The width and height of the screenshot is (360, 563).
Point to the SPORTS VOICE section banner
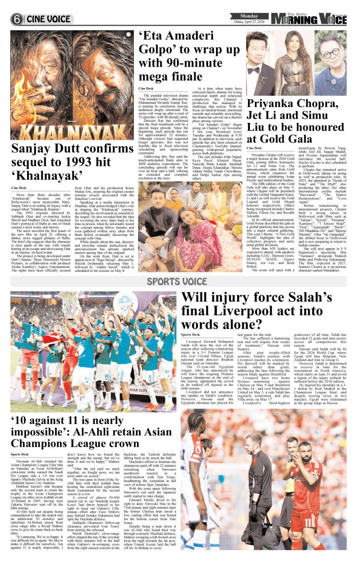180,282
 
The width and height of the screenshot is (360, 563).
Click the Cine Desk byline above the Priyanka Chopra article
254,148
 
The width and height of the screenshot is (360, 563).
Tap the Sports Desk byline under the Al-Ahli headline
19,454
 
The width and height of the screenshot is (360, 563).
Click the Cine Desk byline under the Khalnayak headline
19,188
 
